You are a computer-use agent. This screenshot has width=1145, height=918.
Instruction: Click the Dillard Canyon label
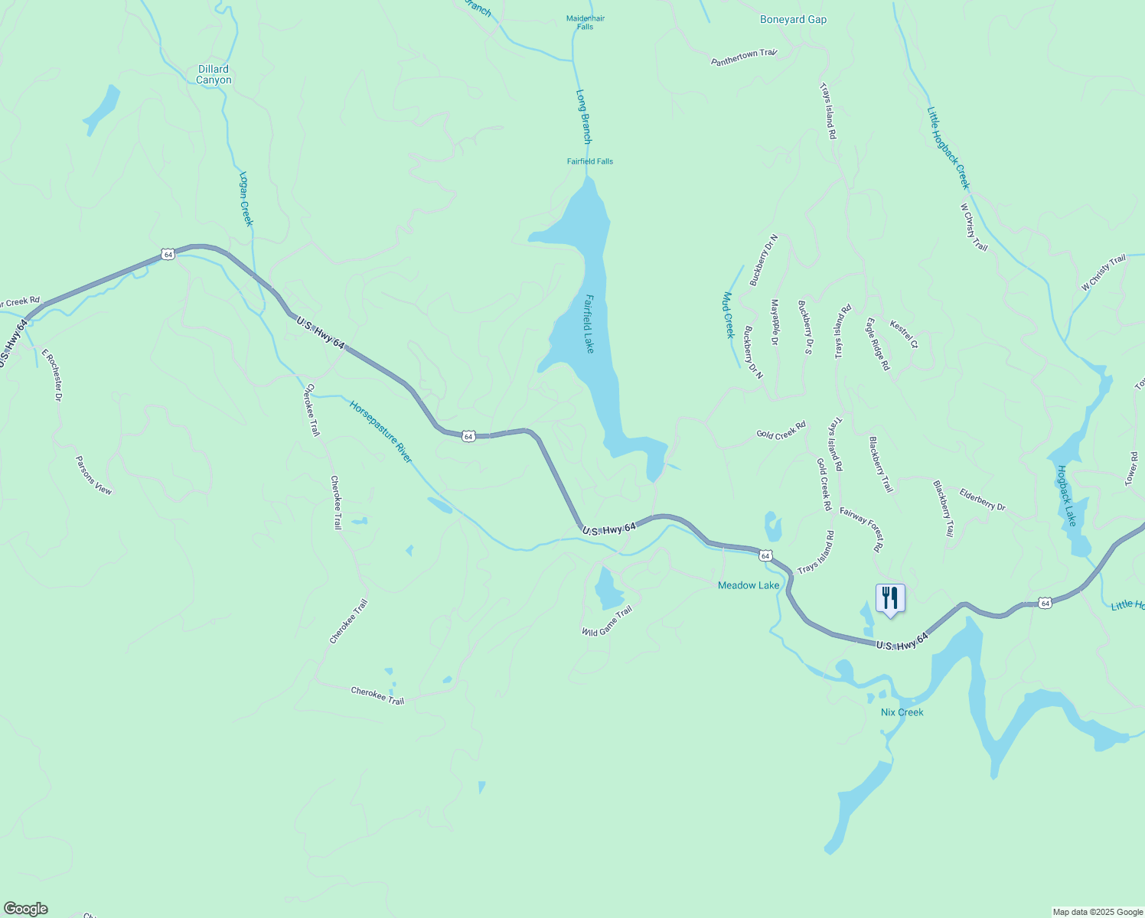point(214,74)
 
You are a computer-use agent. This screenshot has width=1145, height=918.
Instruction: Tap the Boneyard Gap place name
point(793,20)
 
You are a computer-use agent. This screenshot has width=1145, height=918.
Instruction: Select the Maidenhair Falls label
point(585,22)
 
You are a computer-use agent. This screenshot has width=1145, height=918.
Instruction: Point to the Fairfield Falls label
point(589,161)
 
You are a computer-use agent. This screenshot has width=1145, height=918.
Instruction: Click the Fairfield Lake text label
point(589,324)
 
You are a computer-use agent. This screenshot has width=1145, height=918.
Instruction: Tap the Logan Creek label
point(245,198)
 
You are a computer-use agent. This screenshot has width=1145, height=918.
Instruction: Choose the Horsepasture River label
point(380,431)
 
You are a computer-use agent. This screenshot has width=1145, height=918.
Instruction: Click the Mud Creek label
point(729,314)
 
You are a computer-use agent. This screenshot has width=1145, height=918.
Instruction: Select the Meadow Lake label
point(748,585)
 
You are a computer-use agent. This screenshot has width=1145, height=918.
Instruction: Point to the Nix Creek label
point(902,712)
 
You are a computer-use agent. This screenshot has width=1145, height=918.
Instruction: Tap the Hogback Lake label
point(1066,496)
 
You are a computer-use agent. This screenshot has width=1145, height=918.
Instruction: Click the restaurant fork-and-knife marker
point(889,597)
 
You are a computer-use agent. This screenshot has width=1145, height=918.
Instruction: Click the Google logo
point(25,909)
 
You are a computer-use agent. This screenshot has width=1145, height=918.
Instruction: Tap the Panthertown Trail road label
point(743,57)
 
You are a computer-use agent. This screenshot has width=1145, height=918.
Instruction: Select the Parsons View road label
point(93,475)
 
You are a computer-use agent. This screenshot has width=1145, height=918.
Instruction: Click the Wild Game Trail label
point(607,621)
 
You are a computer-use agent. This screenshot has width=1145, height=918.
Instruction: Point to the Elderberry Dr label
point(982,500)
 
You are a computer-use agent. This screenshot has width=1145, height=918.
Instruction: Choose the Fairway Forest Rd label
point(861,529)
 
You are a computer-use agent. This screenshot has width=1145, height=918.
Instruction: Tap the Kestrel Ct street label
point(903,334)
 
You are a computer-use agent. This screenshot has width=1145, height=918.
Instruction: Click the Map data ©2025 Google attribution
point(1097,912)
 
